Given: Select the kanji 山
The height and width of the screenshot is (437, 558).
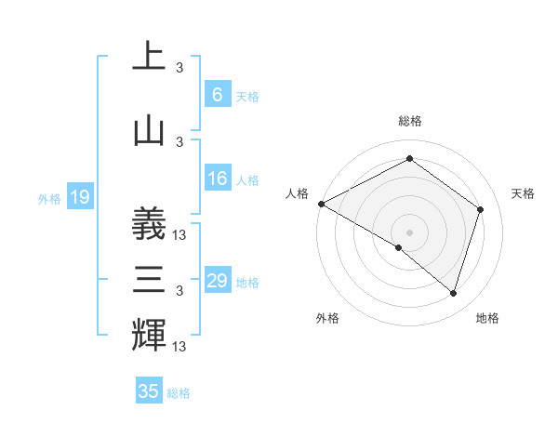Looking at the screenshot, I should click(149, 131).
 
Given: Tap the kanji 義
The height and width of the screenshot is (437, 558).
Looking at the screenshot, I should click(149, 222).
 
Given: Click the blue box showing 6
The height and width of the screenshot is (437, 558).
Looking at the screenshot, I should click(218, 95).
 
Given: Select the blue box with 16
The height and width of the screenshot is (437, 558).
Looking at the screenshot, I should click(218, 179).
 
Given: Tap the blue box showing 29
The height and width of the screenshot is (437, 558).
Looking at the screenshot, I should click(218, 281).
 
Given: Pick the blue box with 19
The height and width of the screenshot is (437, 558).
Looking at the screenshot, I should click(79, 197).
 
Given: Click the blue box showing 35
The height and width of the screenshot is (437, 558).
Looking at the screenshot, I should click(149, 391).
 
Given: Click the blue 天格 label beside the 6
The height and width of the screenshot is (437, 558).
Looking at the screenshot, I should click(247, 96).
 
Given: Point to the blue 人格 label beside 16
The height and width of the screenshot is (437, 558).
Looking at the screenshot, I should click(247, 180).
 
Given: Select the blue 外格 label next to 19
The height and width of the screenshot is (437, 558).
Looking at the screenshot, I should click(49, 198).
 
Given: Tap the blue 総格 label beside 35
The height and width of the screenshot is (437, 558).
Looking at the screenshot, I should click(179, 393).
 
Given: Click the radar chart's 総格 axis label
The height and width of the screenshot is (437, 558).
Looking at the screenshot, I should click(410, 121).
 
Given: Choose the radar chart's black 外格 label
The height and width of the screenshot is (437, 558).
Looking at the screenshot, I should click(327, 318).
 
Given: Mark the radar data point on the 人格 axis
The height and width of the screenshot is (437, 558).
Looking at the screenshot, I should click(321, 204).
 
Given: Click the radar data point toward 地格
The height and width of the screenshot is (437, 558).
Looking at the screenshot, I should click(454, 294).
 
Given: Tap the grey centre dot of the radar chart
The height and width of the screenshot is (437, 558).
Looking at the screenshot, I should click(409, 232).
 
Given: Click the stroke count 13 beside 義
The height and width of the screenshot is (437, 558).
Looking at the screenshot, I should click(180, 236).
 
